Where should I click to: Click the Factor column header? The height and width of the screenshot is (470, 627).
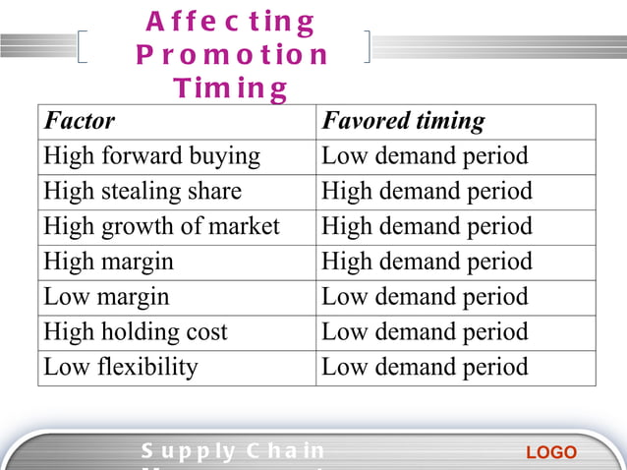click(x=80, y=122)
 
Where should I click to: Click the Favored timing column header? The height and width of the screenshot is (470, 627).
click(x=403, y=122)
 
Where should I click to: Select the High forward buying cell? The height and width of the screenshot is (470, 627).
click(x=152, y=156)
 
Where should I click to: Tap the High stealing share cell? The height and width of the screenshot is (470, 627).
click(x=142, y=191)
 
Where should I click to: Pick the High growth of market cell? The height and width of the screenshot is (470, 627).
click(x=161, y=226)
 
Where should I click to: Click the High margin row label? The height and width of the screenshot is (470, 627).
click(x=108, y=262)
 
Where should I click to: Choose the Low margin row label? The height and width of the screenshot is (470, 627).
click(x=106, y=297)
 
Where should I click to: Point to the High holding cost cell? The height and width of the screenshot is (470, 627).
click(x=136, y=332)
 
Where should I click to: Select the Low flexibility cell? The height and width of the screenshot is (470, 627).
click(x=121, y=368)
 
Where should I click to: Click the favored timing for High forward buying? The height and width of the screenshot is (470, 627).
click(x=425, y=156)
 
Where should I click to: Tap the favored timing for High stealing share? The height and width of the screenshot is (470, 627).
click(x=427, y=191)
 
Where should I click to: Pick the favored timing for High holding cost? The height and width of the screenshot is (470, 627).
click(x=425, y=332)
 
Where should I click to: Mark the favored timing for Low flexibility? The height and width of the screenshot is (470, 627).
click(x=425, y=368)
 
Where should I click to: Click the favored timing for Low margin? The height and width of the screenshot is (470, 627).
click(x=425, y=297)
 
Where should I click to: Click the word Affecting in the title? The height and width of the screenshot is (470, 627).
click(x=230, y=22)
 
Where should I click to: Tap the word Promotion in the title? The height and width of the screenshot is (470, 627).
click(x=232, y=55)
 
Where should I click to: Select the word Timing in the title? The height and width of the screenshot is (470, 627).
click(x=230, y=89)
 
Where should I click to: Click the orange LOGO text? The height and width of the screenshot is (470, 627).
click(x=551, y=453)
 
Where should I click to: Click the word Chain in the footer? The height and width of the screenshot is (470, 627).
click(x=286, y=451)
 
